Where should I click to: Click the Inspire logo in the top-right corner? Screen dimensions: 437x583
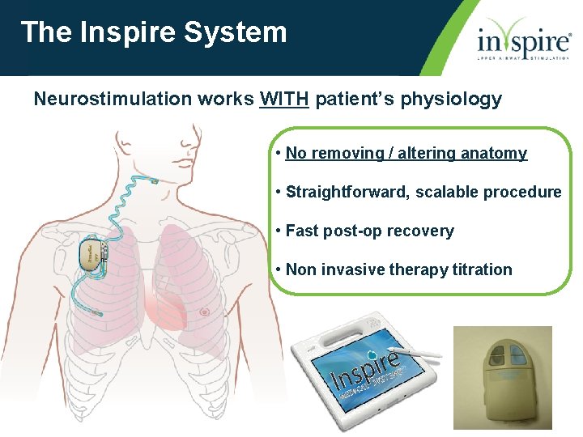(x=523, y=39)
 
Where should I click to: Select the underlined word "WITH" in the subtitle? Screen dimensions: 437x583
(x=283, y=100)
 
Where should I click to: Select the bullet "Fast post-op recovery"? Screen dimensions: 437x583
(x=369, y=231)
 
